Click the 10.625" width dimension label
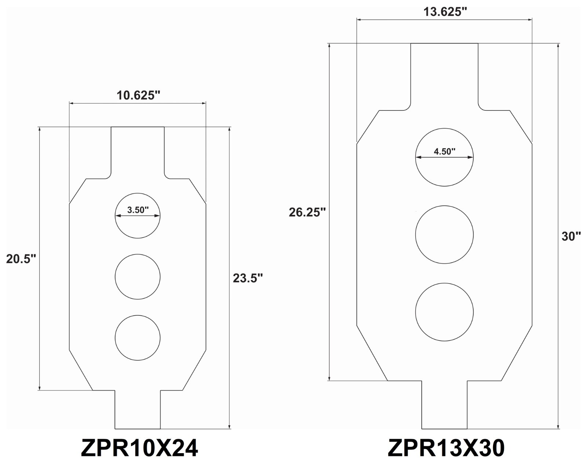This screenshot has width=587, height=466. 138,95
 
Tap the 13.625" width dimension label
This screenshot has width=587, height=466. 445,12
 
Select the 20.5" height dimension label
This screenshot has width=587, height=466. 21,259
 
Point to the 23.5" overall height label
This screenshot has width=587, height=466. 248,278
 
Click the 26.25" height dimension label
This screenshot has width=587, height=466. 307,212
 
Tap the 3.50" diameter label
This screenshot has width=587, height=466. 138,210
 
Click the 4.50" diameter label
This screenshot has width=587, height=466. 445,151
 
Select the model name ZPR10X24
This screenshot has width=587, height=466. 139,448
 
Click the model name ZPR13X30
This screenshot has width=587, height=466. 446,448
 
